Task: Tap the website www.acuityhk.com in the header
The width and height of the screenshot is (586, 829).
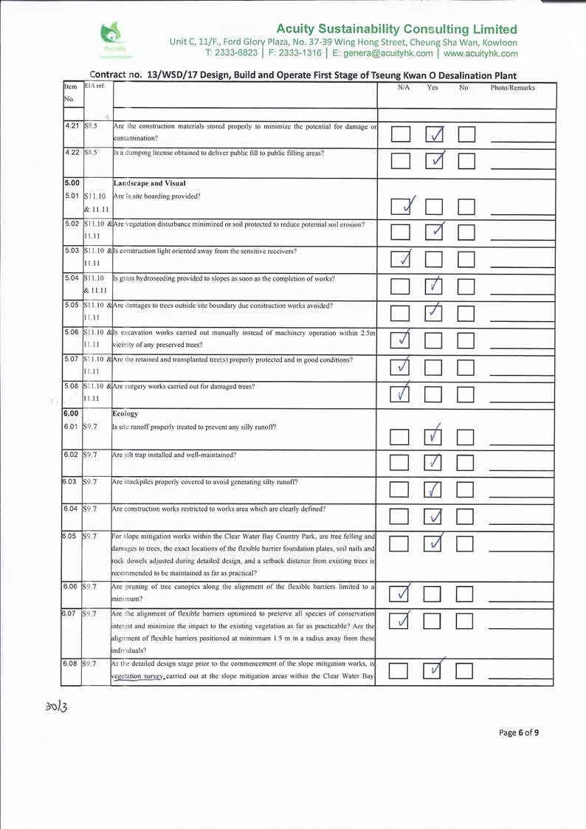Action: (479, 53)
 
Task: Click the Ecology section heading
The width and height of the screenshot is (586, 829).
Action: (127, 414)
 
